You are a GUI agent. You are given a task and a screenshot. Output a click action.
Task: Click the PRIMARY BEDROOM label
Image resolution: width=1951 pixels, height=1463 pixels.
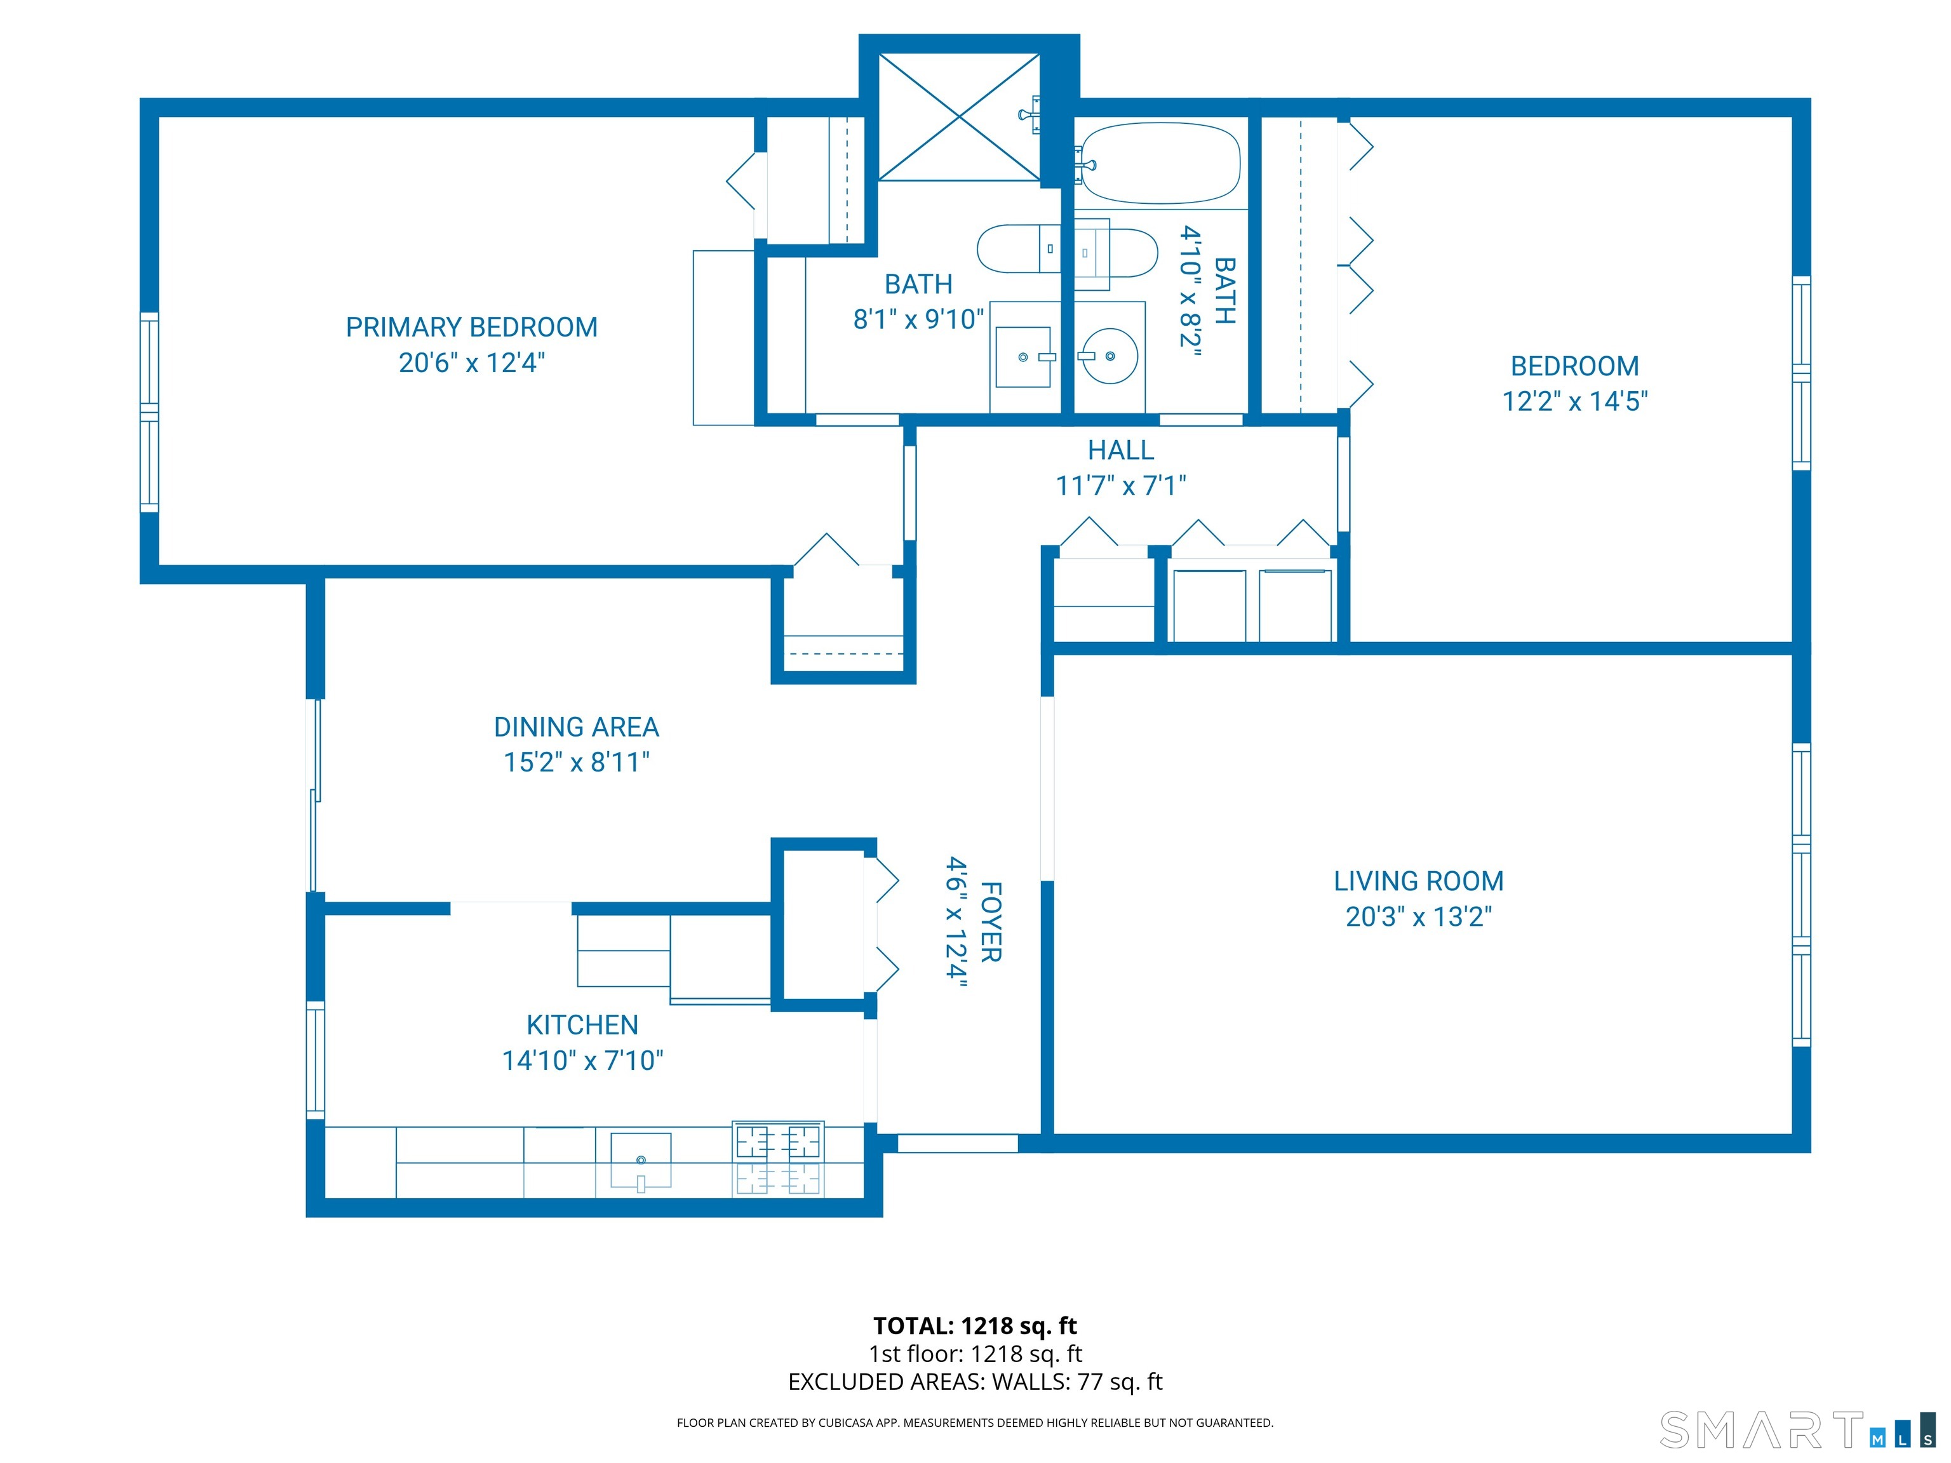[472, 327]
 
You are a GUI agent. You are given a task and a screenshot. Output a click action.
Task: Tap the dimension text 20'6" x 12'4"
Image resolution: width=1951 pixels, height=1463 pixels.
[472, 363]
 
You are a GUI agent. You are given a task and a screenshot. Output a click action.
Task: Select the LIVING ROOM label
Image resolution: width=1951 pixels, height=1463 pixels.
[1418, 881]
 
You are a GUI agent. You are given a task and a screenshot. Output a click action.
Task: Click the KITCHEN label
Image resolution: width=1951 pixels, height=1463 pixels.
[582, 1025]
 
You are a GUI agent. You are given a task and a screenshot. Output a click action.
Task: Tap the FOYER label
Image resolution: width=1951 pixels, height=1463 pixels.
[991, 921]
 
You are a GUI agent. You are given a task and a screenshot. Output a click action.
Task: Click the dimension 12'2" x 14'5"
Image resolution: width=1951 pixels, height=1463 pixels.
[1574, 401]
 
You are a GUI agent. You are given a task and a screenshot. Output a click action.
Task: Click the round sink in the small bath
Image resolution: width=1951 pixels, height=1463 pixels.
[1110, 356]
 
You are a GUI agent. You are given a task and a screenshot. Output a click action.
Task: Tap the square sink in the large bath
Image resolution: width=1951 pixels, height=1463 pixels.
[1023, 357]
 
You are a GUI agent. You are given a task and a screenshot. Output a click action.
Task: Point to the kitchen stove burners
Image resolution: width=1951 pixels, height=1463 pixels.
[778, 1159]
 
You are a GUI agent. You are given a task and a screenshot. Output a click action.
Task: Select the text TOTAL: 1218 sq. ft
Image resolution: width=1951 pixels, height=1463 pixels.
[975, 1325]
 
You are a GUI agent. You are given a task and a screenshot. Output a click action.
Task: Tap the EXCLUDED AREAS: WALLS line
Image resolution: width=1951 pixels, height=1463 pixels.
[975, 1382]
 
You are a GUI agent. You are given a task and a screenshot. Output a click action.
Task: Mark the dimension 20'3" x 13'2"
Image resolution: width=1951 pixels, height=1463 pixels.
[1418, 916]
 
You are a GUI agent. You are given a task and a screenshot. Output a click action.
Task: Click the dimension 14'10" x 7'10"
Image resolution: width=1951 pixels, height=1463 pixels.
[582, 1060]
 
